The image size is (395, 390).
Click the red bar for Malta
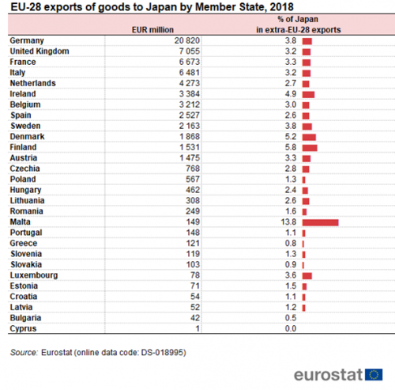(x=320, y=222)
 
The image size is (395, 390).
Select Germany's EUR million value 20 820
(x=187, y=40)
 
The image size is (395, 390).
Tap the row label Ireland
(x=23, y=94)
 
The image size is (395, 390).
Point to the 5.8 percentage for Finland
(x=291, y=147)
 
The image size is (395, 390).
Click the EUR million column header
(x=152, y=30)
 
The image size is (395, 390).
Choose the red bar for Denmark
(x=309, y=137)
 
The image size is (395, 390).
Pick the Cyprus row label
(x=23, y=329)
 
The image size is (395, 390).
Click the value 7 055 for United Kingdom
(x=190, y=51)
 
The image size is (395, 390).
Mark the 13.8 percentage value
(x=288, y=222)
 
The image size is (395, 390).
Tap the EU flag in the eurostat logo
(x=374, y=374)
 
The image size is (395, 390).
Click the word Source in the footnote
(x=24, y=353)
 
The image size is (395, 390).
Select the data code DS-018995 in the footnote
(x=162, y=353)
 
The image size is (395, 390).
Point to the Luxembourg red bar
(x=307, y=276)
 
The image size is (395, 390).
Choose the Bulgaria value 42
(x=195, y=318)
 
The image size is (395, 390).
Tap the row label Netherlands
(x=33, y=83)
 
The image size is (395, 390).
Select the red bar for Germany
(x=307, y=41)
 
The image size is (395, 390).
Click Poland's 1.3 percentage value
(x=291, y=180)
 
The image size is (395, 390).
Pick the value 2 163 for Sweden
(x=190, y=126)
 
